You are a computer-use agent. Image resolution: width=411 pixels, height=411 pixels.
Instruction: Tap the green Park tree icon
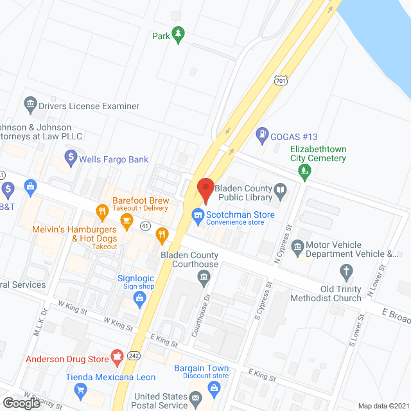tap(178, 35)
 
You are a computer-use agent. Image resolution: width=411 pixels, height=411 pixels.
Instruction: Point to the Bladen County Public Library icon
tap(280, 189)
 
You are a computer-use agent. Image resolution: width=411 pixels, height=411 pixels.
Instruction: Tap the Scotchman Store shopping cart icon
tap(198, 215)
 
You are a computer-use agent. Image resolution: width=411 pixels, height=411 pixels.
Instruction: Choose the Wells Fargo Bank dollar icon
tap(72, 157)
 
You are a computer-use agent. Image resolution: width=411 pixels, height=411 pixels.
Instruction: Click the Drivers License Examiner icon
tap(30, 103)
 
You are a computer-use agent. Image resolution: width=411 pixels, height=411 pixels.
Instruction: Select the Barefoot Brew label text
tap(141, 199)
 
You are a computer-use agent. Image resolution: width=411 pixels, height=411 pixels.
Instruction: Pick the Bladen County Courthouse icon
tap(204, 277)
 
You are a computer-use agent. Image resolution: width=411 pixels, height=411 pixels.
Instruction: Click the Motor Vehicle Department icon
tap(297, 247)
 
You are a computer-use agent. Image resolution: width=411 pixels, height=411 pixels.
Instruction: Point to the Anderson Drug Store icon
tap(117, 355)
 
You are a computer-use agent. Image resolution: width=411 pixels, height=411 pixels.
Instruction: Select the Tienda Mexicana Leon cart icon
tap(80, 389)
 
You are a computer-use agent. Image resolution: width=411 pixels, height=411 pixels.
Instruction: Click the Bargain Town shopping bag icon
tap(214, 388)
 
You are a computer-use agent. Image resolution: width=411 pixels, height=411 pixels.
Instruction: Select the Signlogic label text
tap(136, 278)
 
